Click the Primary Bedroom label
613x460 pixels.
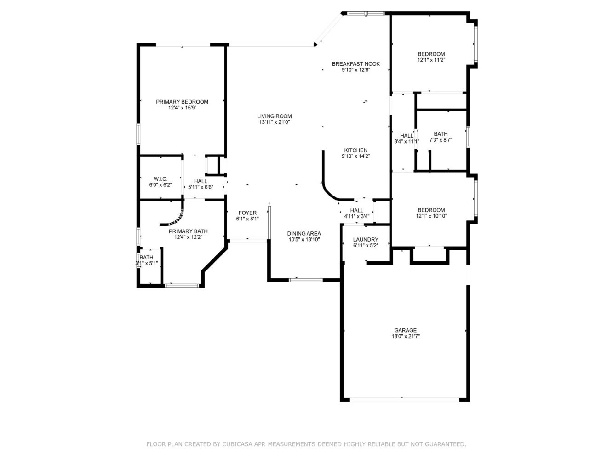pyautogui.click(x=182, y=102)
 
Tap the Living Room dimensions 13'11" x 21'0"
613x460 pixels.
pyautogui.click(x=274, y=122)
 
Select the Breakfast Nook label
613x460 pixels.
pyautogui.click(x=355, y=64)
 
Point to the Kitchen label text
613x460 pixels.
pyautogui.click(x=355, y=150)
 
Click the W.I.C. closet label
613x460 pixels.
pyautogui.click(x=160, y=179)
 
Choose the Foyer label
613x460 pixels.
pyautogui.click(x=247, y=213)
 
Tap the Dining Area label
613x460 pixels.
pyautogui.click(x=304, y=234)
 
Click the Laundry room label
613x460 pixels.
pyautogui.click(x=365, y=240)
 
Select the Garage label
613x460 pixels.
pyautogui.click(x=405, y=330)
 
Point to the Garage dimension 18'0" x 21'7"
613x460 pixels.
pyautogui.click(x=406, y=337)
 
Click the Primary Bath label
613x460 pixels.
pyautogui.click(x=188, y=231)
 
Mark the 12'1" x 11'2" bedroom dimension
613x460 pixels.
pyautogui.click(x=431, y=60)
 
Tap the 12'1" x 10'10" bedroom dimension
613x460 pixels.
pyautogui.click(x=431, y=216)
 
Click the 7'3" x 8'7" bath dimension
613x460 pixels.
pyautogui.click(x=441, y=140)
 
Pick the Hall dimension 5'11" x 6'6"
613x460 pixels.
pyautogui.click(x=201, y=187)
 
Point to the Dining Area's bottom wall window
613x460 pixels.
pyautogui.click(x=305, y=280)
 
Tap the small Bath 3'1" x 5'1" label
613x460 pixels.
pyautogui.click(x=146, y=258)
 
